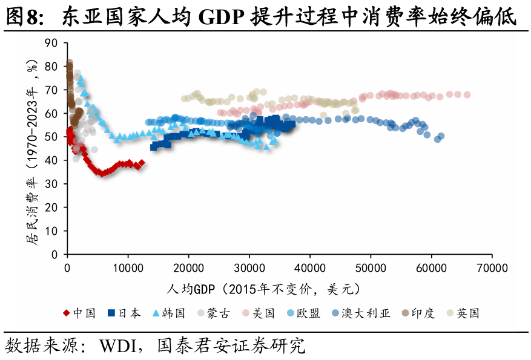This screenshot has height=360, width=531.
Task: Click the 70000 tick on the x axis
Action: tap(490, 267)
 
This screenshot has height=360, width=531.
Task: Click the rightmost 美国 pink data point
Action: tap(467, 95)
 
